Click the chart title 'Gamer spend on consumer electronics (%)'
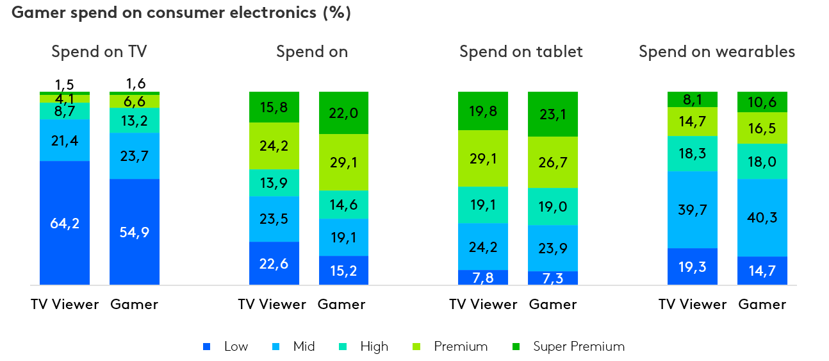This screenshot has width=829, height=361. point(181,13)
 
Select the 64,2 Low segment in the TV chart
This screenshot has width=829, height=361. point(65,223)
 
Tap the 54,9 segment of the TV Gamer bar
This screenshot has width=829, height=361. point(135,232)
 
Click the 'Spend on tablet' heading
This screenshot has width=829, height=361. point(521,52)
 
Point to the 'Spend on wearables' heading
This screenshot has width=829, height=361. point(716,52)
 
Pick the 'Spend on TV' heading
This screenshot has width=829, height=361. point(103,52)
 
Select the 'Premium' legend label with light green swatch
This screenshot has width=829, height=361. point(460,347)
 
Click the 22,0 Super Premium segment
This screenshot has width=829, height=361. point(344,113)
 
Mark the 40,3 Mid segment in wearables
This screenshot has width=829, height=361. point(762,217)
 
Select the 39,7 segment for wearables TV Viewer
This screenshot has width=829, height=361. point(693,210)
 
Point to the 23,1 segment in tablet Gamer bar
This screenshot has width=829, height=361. point(553,114)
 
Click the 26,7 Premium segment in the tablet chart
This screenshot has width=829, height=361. point(553,162)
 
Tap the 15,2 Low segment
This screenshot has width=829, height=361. point(344,271)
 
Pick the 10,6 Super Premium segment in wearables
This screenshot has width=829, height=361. point(762,102)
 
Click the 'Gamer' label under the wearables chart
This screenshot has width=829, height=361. point(762,305)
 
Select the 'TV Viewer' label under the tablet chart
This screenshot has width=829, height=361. point(483,305)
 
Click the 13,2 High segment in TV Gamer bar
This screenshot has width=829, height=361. point(135,120)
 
